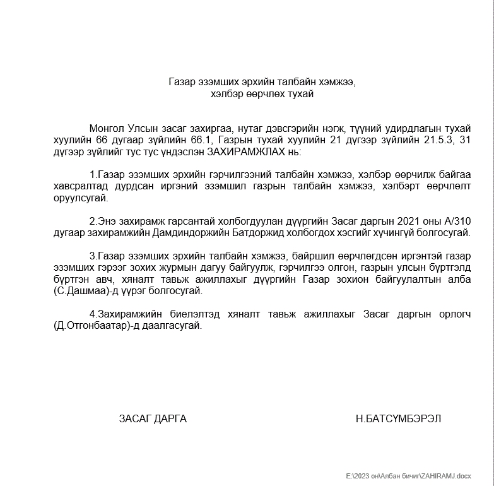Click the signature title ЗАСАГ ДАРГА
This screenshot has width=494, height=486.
(153, 418)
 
